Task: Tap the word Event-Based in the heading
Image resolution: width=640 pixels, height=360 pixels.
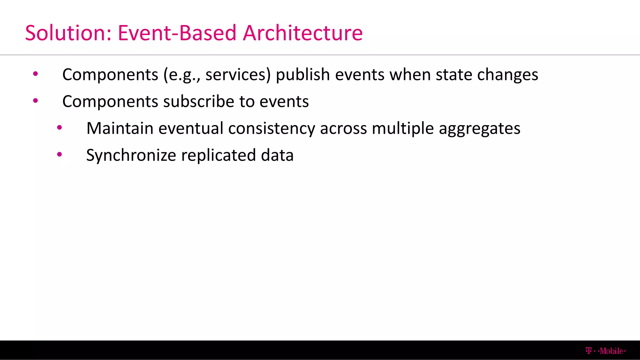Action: [x=177, y=33]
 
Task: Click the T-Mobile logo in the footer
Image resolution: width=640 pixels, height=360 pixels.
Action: [x=606, y=351]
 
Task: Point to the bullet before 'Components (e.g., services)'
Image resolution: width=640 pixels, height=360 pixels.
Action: [x=36, y=74]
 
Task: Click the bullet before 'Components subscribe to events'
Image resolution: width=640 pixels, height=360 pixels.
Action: [x=36, y=101]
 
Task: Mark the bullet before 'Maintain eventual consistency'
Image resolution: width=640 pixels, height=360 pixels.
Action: [x=59, y=128]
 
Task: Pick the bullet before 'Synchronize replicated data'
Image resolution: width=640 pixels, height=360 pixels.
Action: [x=59, y=154]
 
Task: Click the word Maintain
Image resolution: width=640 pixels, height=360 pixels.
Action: [x=120, y=128]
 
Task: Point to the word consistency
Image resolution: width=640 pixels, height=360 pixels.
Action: [x=272, y=129]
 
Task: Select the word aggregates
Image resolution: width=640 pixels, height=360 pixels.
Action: [x=479, y=129]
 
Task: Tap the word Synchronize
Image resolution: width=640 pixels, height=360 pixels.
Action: [x=131, y=156]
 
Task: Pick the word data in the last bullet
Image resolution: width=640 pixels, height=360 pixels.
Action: [x=277, y=155]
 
